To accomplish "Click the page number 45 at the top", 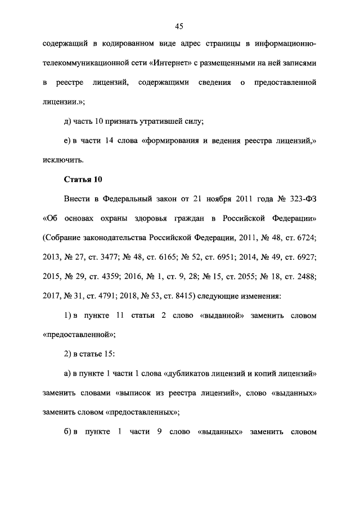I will click(179, 26).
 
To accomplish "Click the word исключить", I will click(62, 160).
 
